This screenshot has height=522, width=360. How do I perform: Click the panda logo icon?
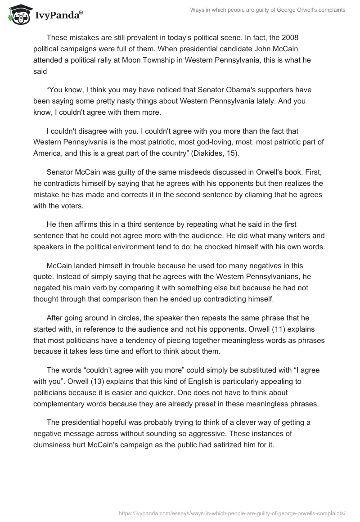18,14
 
